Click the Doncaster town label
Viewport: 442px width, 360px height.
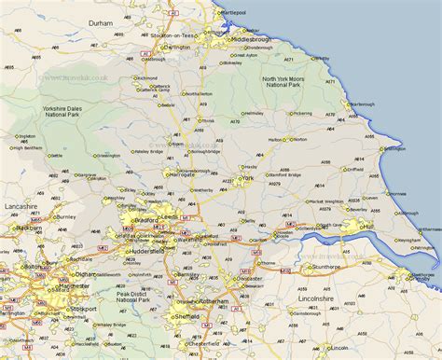pos(248,279)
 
